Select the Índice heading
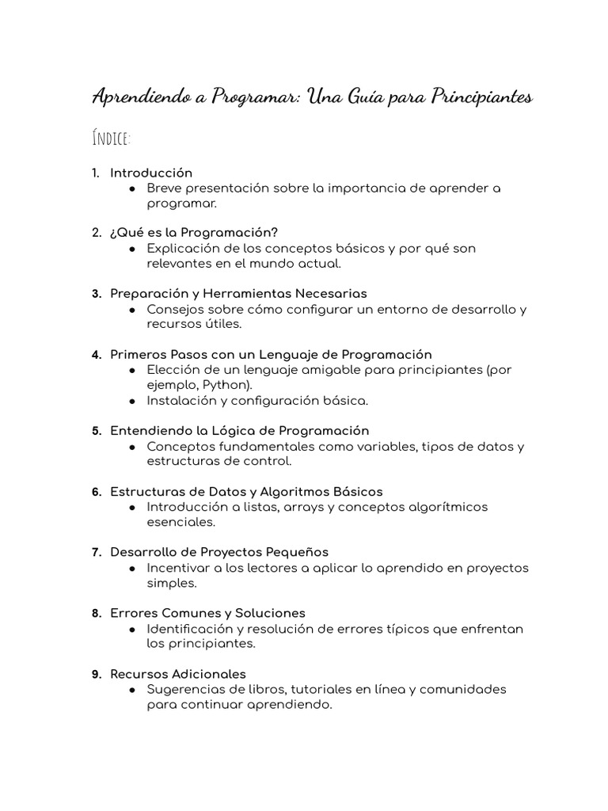[x=112, y=139]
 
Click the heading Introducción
[x=151, y=173]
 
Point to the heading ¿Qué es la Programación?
[x=194, y=233]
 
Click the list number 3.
[x=96, y=294]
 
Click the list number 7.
[x=96, y=552]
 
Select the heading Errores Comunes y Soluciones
[x=207, y=613]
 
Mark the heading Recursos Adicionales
[x=178, y=674]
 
